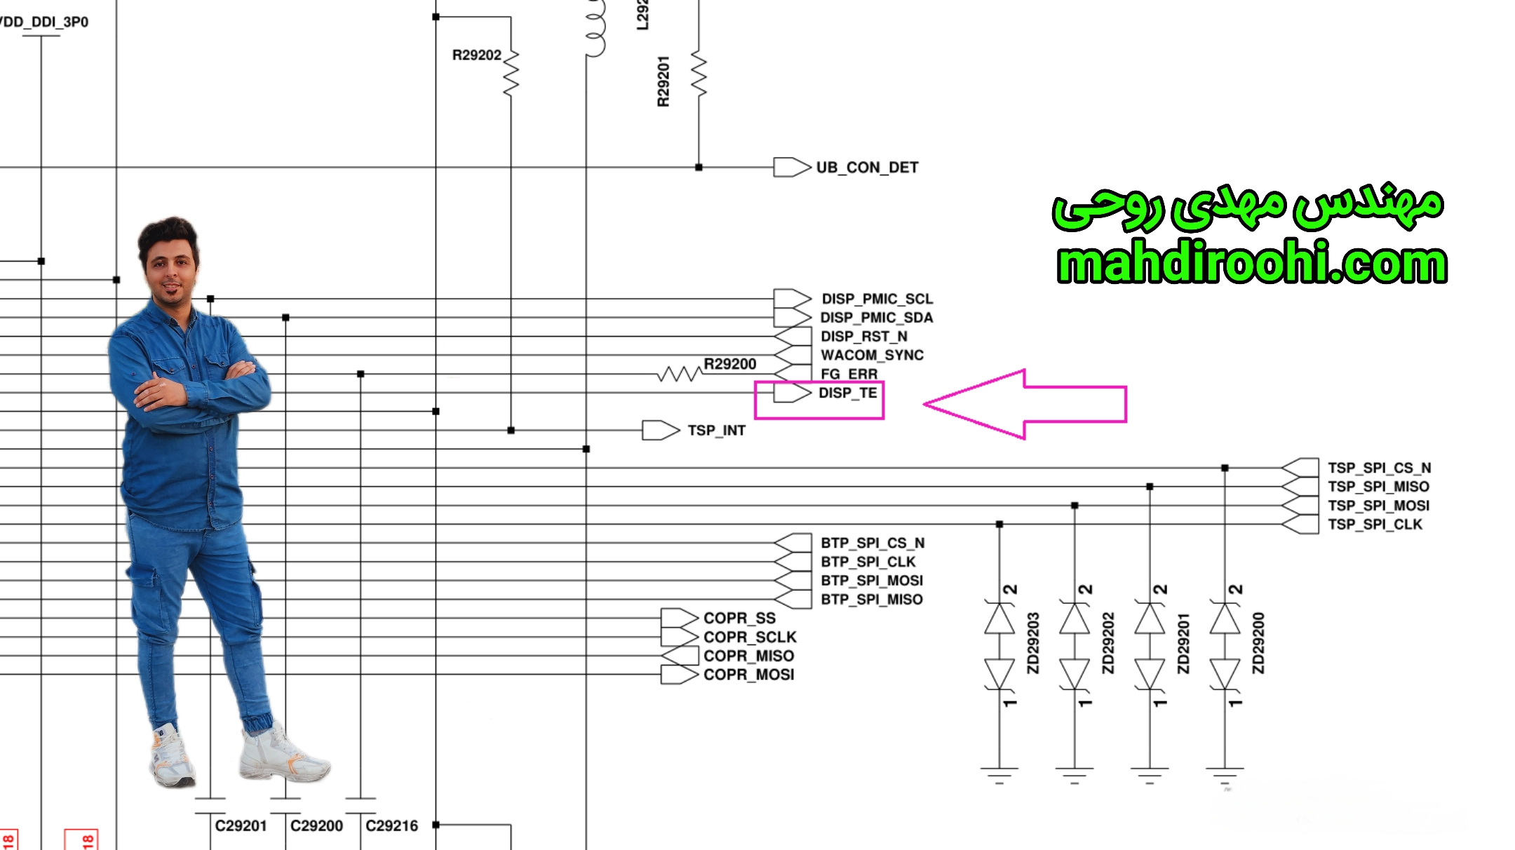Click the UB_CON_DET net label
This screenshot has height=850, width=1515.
[x=867, y=168]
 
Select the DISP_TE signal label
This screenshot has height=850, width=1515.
[x=847, y=393]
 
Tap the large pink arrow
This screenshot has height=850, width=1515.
[x=1025, y=404]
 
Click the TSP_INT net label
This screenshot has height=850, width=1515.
[x=716, y=431]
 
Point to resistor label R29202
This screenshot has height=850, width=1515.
[x=477, y=55]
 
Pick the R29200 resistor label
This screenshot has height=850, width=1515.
[x=730, y=364]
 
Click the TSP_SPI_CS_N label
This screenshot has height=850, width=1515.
[x=1379, y=468]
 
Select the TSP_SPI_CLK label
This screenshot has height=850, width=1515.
[x=1375, y=525]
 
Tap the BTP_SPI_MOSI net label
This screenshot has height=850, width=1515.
[x=872, y=581]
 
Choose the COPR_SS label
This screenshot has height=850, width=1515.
[x=739, y=618]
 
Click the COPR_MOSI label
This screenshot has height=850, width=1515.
[x=748, y=675]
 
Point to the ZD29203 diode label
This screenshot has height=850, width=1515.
[x=1033, y=643]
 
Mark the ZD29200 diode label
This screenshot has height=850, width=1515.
[x=1258, y=643]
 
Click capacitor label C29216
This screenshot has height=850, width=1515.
[x=391, y=826]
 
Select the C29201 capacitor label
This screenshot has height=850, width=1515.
[x=241, y=826]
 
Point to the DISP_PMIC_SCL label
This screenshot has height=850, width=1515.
[x=877, y=299]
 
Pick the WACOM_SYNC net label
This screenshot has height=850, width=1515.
[x=872, y=356]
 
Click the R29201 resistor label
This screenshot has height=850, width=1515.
[x=663, y=81]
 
